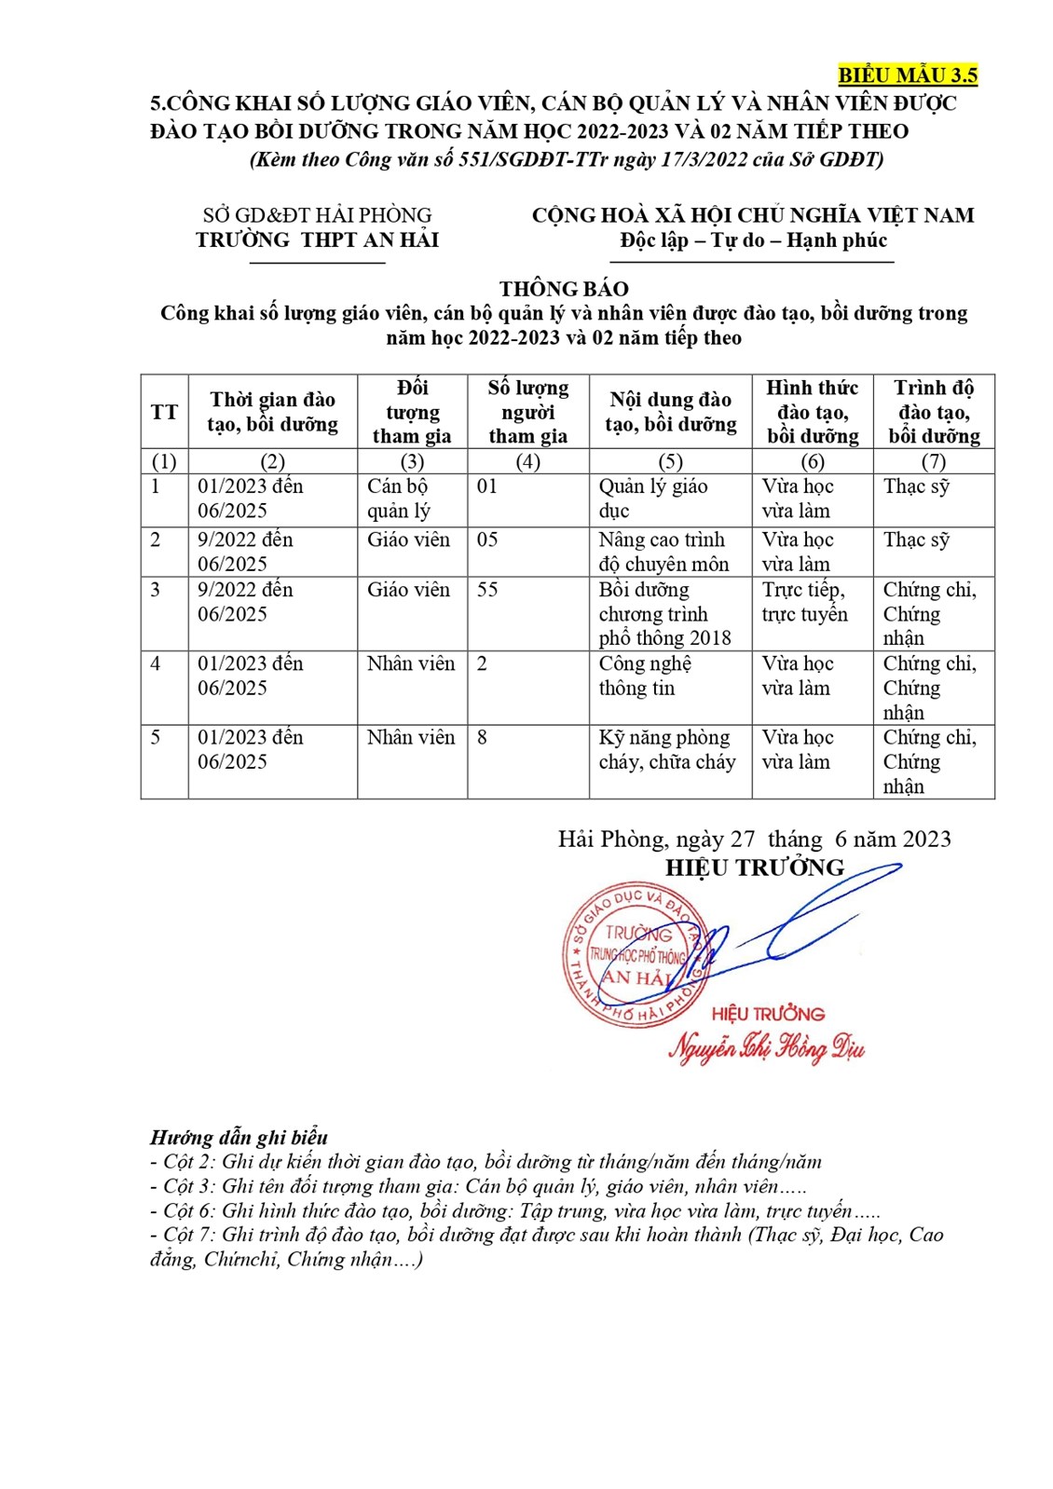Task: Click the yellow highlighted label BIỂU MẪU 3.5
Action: point(907,75)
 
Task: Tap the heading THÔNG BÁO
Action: point(564,289)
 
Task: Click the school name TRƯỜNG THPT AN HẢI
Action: point(317,240)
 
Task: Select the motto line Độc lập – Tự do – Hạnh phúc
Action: point(753,240)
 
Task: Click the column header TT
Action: point(164,412)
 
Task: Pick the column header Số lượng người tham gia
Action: point(527,412)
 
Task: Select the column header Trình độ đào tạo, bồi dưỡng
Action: point(934,412)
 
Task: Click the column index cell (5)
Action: point(670,461)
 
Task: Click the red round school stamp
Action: point(634,955)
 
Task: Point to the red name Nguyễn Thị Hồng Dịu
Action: point(766,1048)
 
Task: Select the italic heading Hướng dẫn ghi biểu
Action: point(239,1138)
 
